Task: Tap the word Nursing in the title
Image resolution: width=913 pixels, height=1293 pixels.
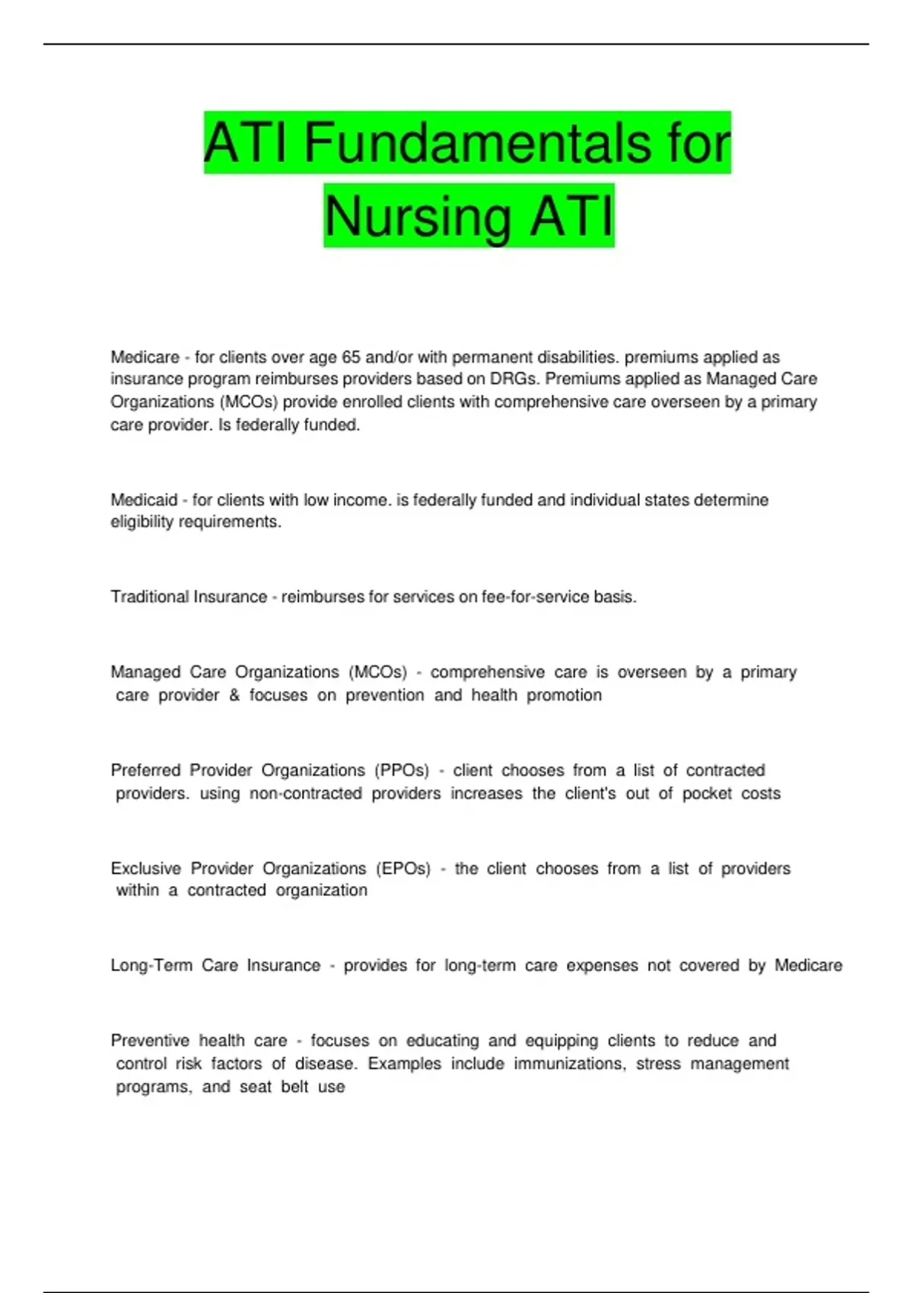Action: point(418,216)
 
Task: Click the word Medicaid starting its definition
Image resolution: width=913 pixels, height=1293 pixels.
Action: point(144,500)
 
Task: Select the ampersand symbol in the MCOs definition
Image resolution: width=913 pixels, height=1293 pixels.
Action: point(234,695)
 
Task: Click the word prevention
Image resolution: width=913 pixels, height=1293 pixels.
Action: point(385,695)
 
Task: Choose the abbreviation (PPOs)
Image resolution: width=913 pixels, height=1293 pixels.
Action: point(402,770)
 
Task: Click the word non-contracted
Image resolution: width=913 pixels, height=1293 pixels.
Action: point(305,793)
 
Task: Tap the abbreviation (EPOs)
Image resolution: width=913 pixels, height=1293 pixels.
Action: point(403,869)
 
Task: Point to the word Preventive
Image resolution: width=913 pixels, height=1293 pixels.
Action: point(150,1040)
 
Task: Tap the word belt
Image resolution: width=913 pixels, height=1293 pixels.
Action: point(294,1087)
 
